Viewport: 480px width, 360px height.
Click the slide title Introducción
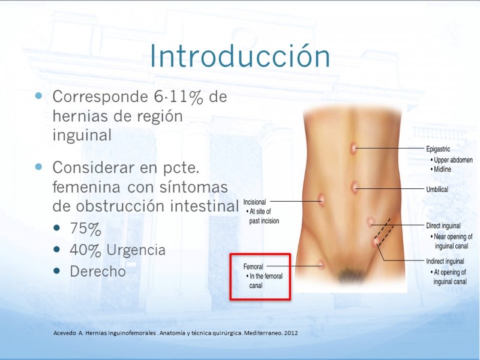click(x=240, y=56)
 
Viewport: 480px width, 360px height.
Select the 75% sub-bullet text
click(x=85, y=229)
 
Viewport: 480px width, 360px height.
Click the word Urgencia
click(x=136, y=250)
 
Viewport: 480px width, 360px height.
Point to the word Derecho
click(x=98, y=271)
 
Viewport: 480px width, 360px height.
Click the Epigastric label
click(x=438, y=149)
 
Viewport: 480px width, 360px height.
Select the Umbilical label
click(x=437, y=189)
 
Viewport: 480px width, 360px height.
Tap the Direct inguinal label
click(x=443, y=226)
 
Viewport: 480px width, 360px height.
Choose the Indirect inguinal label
click(x=445, y=261)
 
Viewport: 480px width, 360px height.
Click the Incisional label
click(x=254, y=202)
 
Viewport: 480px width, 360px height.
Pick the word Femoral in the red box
click(x=253, y=266)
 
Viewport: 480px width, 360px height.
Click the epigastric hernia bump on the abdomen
click(x=354, y=149)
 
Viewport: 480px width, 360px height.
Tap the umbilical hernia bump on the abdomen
click(x=355, y=187)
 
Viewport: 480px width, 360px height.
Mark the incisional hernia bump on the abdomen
click(x=321, y=200)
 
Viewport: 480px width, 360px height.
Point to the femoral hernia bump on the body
click(x=321, y=265)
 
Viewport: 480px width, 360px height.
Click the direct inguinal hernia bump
click(x=371, y=221)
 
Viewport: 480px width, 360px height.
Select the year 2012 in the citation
click(x=291, y=333)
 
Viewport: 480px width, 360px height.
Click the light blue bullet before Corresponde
click(x=38, y=96)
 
